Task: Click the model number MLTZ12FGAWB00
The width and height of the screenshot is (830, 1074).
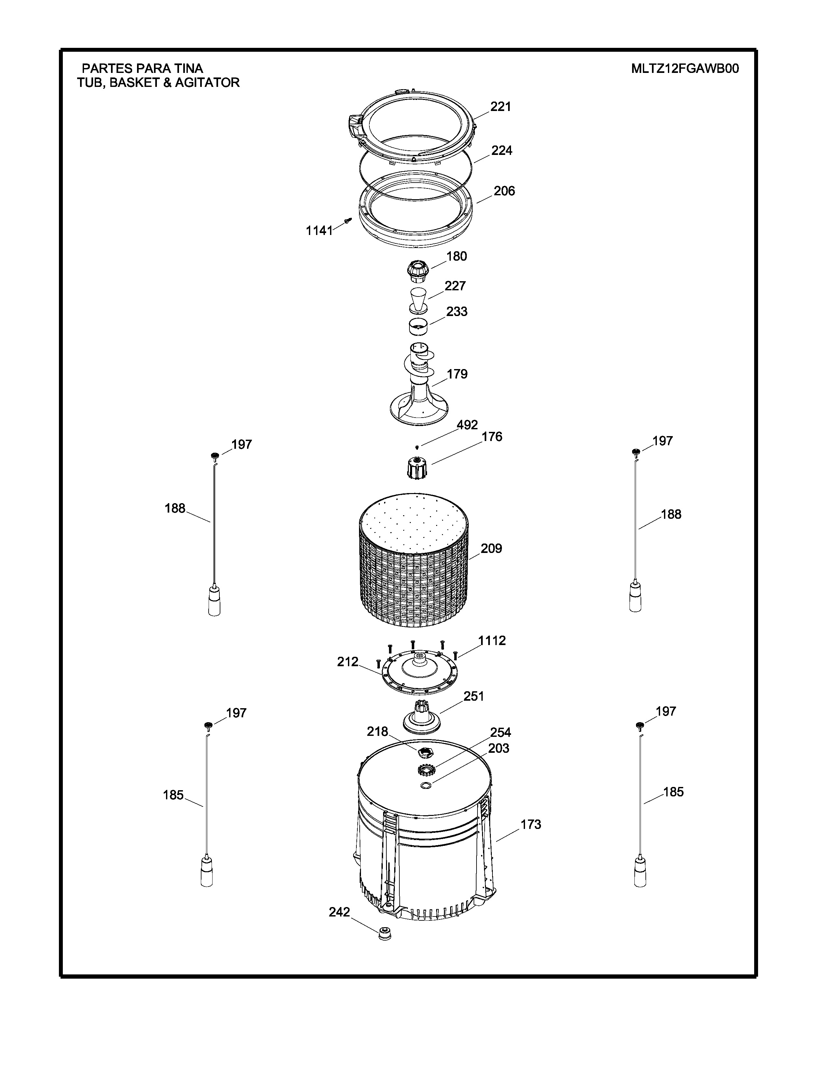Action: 685,68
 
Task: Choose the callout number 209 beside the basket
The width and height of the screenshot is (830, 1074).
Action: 491,548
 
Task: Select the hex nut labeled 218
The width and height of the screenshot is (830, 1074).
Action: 423,751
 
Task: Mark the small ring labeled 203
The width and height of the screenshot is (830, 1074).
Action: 427,785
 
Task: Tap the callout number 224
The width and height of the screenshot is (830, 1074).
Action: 502,150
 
